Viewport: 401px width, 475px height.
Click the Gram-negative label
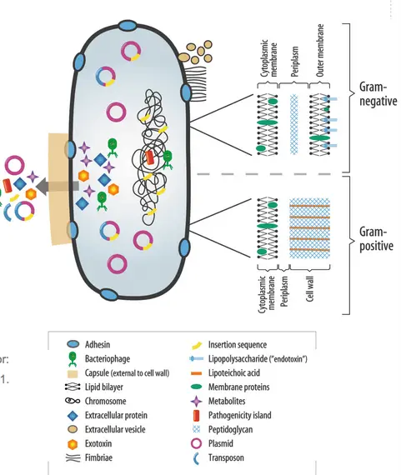tap(378, 94)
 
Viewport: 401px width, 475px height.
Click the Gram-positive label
tap(376, 238)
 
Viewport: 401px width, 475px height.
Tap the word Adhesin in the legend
tap(98, 344)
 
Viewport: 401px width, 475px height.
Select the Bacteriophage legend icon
tap(73, 359)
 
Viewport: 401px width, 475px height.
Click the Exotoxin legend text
tap(98, 443)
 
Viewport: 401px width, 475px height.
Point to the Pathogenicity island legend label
tap(239, 415)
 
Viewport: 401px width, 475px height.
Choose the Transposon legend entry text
tap(226, 457)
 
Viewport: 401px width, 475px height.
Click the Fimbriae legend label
tap(98, 457)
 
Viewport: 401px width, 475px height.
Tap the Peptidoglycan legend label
tap(230, 429)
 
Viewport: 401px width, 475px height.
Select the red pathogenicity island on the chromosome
tap(149, 157)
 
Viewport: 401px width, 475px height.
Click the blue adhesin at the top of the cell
tap(128, 26)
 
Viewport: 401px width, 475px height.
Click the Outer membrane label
tap(320, 50)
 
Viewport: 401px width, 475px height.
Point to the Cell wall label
tap(309, 288)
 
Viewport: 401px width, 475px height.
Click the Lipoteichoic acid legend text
tap(234, 372)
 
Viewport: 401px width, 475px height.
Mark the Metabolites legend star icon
tap(196, 401)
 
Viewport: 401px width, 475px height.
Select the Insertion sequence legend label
tap(238, 344)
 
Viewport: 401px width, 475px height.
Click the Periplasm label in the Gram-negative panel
tap(294, 61)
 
